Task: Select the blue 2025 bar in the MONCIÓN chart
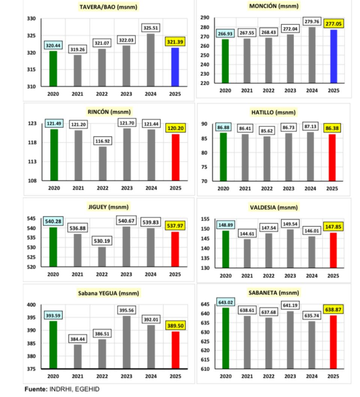(334, 56)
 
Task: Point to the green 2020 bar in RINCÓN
(54, 155)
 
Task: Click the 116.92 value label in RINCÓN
(102, 141)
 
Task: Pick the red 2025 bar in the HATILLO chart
(332, 157)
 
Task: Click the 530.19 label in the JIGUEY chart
(102, 241)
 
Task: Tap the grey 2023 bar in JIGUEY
(126, 247)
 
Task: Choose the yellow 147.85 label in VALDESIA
(333, 227)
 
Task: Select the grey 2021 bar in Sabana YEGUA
(78, 356)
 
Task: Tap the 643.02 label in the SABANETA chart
(225, 302)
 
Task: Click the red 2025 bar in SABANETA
(333, 342)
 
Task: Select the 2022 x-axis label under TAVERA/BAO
(102, 94)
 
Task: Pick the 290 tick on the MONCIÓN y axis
(205, 18)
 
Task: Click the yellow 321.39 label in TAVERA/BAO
(175, 42)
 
